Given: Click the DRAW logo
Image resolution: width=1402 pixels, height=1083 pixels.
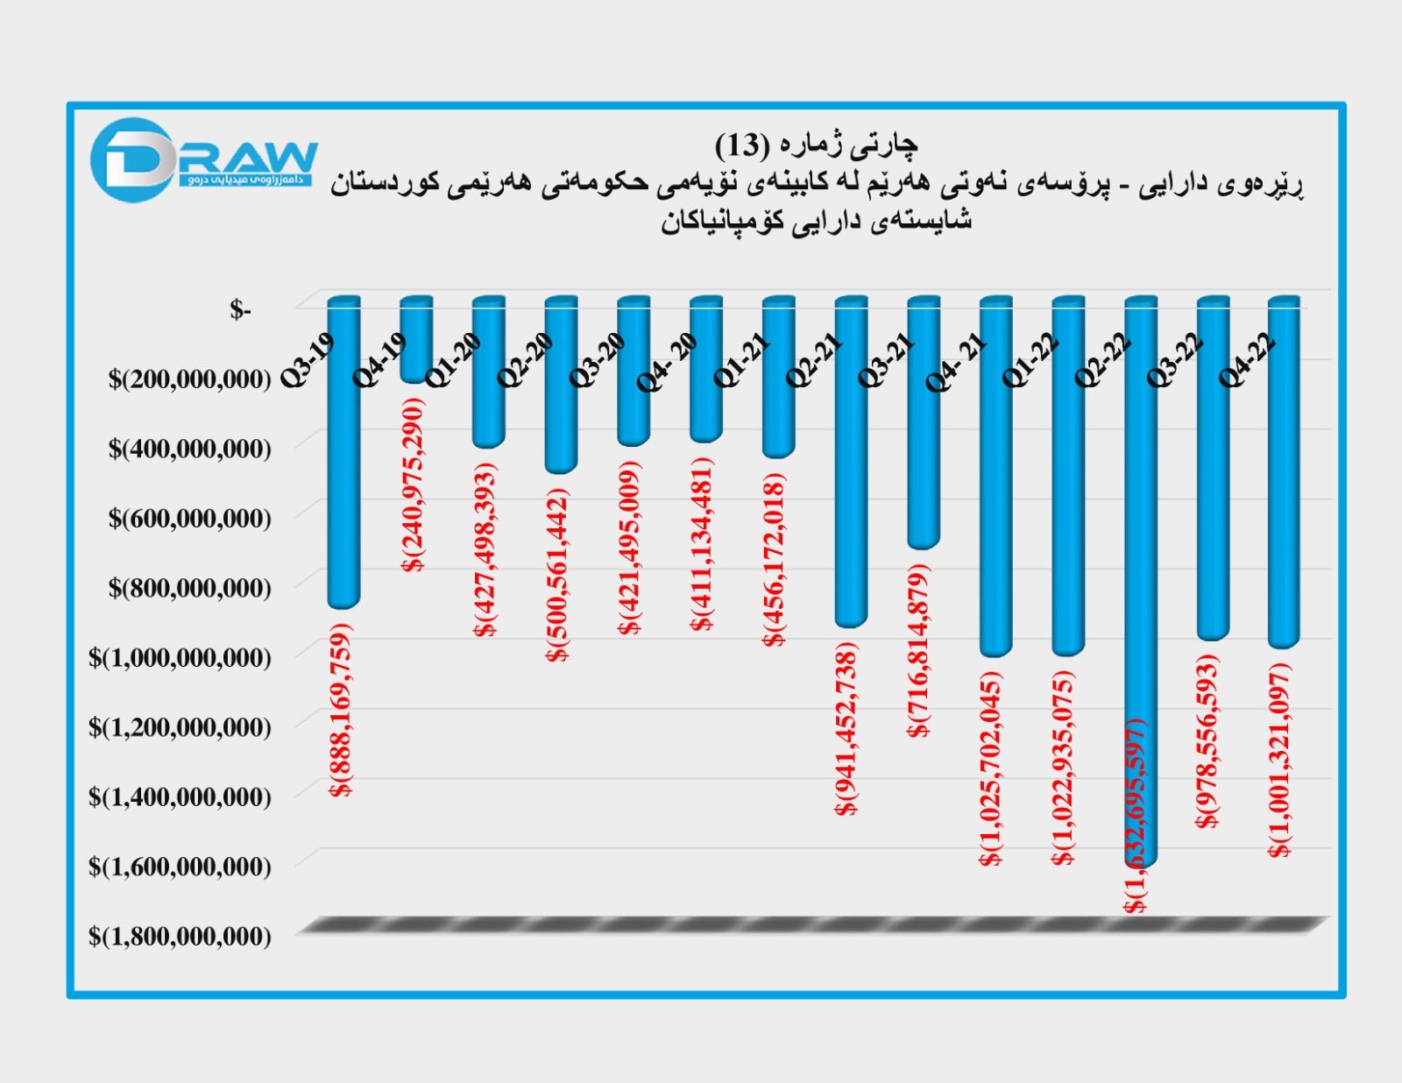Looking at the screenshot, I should coord(203,159).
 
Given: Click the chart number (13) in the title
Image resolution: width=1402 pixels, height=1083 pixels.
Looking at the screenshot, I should coord(742,145).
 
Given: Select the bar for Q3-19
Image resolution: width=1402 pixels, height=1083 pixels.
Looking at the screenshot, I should coord(343,491).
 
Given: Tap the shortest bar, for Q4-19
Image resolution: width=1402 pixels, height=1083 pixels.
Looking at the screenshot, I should coord(415,342).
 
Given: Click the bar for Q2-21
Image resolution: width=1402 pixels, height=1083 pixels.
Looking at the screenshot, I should coord(850,491).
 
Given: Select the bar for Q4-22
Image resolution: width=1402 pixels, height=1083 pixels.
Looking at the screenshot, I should coord(1284,508).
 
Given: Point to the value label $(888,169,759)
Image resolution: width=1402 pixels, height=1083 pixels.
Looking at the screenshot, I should coord(342,710).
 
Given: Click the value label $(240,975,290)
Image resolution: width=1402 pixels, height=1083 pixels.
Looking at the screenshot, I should coord(414,485).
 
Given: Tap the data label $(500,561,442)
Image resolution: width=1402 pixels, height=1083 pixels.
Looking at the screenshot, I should coord(558,575).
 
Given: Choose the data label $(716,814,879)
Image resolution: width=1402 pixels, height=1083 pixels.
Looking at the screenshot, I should coord(918,651).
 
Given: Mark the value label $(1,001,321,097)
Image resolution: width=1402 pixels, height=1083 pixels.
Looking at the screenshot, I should coord(1280,760).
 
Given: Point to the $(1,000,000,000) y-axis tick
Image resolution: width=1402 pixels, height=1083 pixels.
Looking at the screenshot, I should coord(180,658).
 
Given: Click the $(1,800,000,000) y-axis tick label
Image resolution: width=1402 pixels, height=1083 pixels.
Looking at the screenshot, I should coord(180,937).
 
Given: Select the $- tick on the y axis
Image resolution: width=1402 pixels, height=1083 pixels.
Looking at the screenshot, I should coord(240,310).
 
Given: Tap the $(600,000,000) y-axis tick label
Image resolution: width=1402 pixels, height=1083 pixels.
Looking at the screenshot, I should coord(189,519).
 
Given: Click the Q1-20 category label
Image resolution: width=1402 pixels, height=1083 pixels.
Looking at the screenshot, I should coord(453,360).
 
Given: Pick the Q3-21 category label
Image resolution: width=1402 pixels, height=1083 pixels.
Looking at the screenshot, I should coord(886,360).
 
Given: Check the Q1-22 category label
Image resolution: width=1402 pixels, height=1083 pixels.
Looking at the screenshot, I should coord(1030,360).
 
